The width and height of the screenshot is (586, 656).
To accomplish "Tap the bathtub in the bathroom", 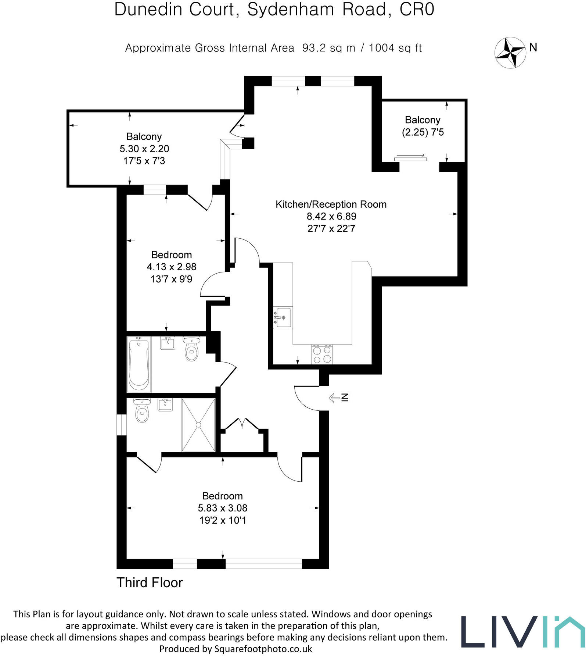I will tap(139, 364).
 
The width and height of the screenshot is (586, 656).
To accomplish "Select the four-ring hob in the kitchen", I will tap(322, 354).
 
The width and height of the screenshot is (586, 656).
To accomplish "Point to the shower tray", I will tap(198, 425).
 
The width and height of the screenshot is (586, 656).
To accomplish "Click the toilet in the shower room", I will tap(142, 411).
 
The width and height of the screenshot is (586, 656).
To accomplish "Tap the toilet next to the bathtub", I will tap(191, 349).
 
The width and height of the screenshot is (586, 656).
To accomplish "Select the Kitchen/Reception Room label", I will tap(331, 204).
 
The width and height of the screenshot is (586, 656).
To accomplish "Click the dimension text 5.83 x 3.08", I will tap(222, 508).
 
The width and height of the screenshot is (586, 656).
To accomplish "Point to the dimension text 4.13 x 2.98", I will tap(171, 267).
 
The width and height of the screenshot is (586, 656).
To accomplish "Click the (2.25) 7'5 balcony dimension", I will tap(423, 132).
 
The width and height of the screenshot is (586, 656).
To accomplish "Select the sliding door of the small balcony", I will tap(410, 158).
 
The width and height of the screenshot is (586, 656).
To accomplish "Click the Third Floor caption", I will tap(149, 583).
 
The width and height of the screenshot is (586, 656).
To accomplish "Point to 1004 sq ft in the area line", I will tap(395, 48).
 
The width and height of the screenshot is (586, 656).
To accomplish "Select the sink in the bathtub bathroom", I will tap(168, 343).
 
